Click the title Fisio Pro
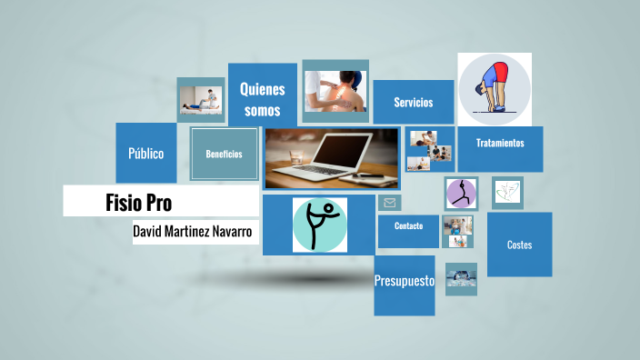[x=138, y=202]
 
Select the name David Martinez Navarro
[x=195, y=232]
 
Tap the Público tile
[x=145, y=153]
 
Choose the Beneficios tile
[x=224, y=154]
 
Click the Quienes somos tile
[x=262, y=99]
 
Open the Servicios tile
[x=413, y=102]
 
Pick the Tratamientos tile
[x=499, y=143]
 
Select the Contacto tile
[x=408, y=225]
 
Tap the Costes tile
[x=519, y=245]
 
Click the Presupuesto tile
[x=404, y=282]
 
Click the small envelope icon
[x=389, y=203]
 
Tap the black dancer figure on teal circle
[x=319, y=225]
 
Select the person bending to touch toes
[x=494, y=89]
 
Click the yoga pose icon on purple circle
[x=461, y=194]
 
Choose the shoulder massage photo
[x=335, y=90]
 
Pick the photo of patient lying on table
[x=200, y=99]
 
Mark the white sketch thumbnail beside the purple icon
[x=507, y=192]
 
